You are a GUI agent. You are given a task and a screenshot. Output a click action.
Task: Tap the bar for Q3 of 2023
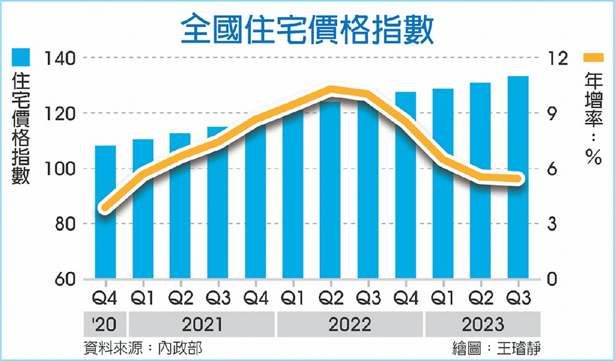click(518, 234)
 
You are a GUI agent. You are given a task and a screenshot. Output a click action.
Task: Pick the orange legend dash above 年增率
click(593, 58)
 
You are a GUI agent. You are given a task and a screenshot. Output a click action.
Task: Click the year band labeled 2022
click(351, 324)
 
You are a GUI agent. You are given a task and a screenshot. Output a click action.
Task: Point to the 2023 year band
click(482, 324)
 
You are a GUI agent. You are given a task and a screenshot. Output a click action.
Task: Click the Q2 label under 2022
click(331, 300)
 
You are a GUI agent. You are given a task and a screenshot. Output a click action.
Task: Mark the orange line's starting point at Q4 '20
click(105, 207)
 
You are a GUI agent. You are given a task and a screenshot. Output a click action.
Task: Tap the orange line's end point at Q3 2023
click(518, 179)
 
